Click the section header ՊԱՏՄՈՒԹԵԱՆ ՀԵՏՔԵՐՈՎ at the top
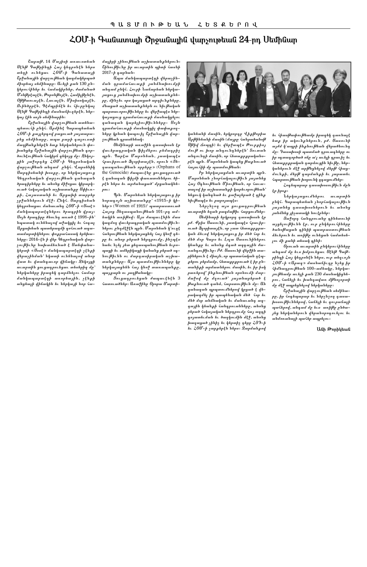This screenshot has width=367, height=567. click(183, 25)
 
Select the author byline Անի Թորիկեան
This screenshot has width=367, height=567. click(333, 329)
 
